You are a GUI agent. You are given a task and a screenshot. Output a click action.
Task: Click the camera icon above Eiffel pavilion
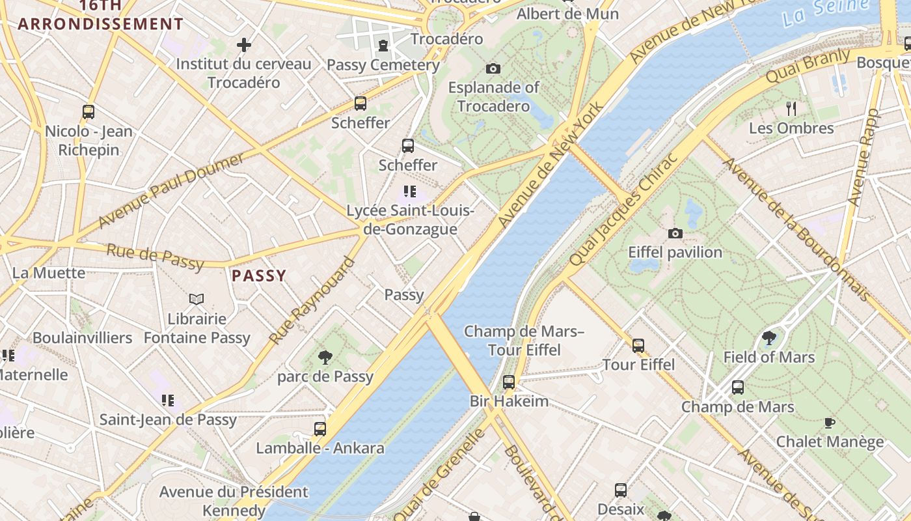click(x=675, y=233)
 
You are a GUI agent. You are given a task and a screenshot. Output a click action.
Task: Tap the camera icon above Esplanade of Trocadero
click(x=493, y=68)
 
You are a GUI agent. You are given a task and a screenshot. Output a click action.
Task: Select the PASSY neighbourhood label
click(x=259, y=275)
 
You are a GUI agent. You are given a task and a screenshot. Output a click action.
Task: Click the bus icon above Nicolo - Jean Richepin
click(x=88, y=112)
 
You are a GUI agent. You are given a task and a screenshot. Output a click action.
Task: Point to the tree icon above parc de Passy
click(x=325, y=357)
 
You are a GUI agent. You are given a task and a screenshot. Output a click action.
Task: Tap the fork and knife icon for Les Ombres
click(x=791, y=108)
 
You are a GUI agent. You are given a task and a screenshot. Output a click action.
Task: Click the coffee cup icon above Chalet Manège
click(x=830, y=423)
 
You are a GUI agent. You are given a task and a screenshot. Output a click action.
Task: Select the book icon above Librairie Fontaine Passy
click(x=197, y=299)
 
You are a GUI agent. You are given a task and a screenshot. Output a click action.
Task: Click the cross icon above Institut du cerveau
click(x=244, y=45)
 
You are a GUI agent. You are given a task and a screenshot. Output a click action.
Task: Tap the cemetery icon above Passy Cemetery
click(x=383, y=46)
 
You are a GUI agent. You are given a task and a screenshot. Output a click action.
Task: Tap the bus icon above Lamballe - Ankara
click(x=320, y=429)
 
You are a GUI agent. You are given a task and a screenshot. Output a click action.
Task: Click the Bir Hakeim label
click(x=509, y=401)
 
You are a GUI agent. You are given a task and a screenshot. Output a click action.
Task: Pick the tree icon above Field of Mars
click(x=768, y=337)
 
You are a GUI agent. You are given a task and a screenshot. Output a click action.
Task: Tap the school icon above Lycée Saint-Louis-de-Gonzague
click(x=409, y=191)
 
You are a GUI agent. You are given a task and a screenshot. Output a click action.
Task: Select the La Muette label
click(x=49, y=272)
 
